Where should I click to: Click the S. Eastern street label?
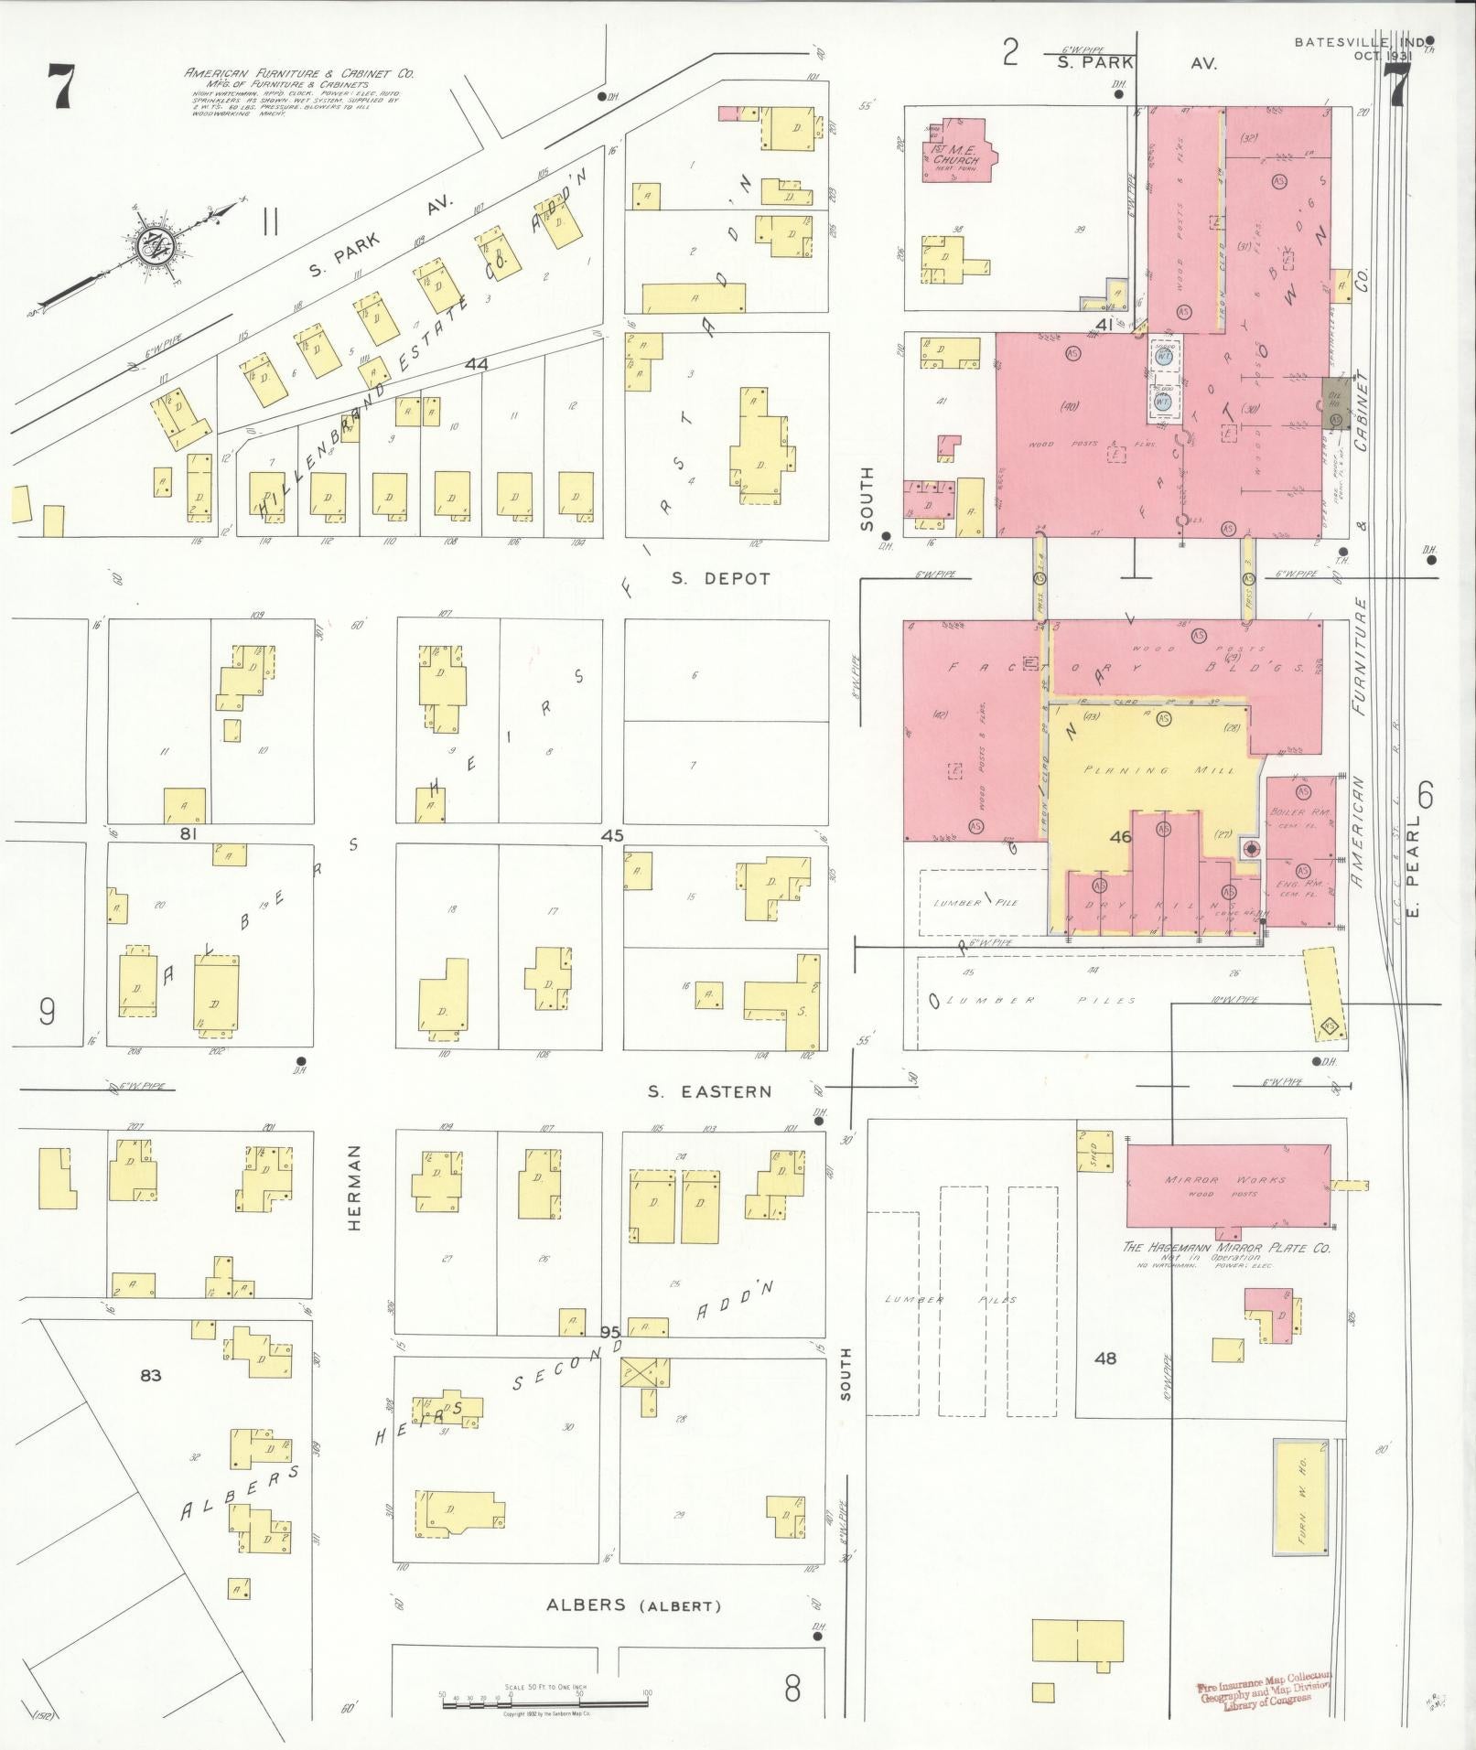(710, 1091)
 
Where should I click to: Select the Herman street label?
(355, 1187)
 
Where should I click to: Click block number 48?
(1105, 1358)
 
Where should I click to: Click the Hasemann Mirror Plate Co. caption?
(1226, 1248)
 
